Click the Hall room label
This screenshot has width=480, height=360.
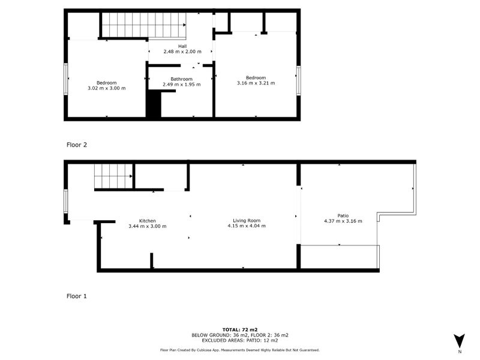(182, 46)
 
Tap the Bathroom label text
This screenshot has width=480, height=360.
(181, 79)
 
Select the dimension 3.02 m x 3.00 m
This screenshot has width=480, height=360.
(106, 88)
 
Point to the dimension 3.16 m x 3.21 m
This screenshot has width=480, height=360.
(256, 83)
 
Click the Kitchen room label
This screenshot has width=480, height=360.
(147, 221)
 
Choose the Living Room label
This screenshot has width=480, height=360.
(246, 221)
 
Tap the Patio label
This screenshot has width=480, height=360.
(343, 215)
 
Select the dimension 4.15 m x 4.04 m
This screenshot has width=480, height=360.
(246, 226)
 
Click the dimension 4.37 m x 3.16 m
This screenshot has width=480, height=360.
(343, 221)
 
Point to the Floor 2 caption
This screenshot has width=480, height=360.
(76, 145)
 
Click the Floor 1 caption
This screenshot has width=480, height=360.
(76, 296)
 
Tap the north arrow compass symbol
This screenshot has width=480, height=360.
(459, 340)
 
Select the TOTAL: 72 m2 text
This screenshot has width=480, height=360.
(239, 329)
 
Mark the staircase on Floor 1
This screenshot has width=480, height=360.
(113, 178)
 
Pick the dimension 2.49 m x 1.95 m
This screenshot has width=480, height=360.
(181, 85)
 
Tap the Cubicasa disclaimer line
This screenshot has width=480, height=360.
(239, 350)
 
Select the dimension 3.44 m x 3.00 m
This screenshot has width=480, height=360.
(147, 226)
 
